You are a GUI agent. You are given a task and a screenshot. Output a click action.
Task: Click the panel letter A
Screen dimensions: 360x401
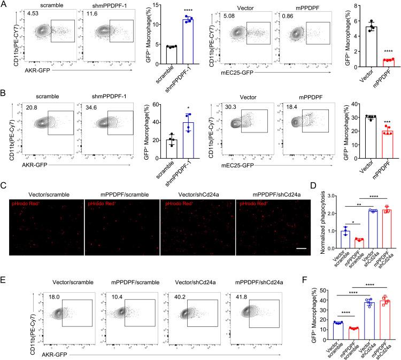(4, 4)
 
